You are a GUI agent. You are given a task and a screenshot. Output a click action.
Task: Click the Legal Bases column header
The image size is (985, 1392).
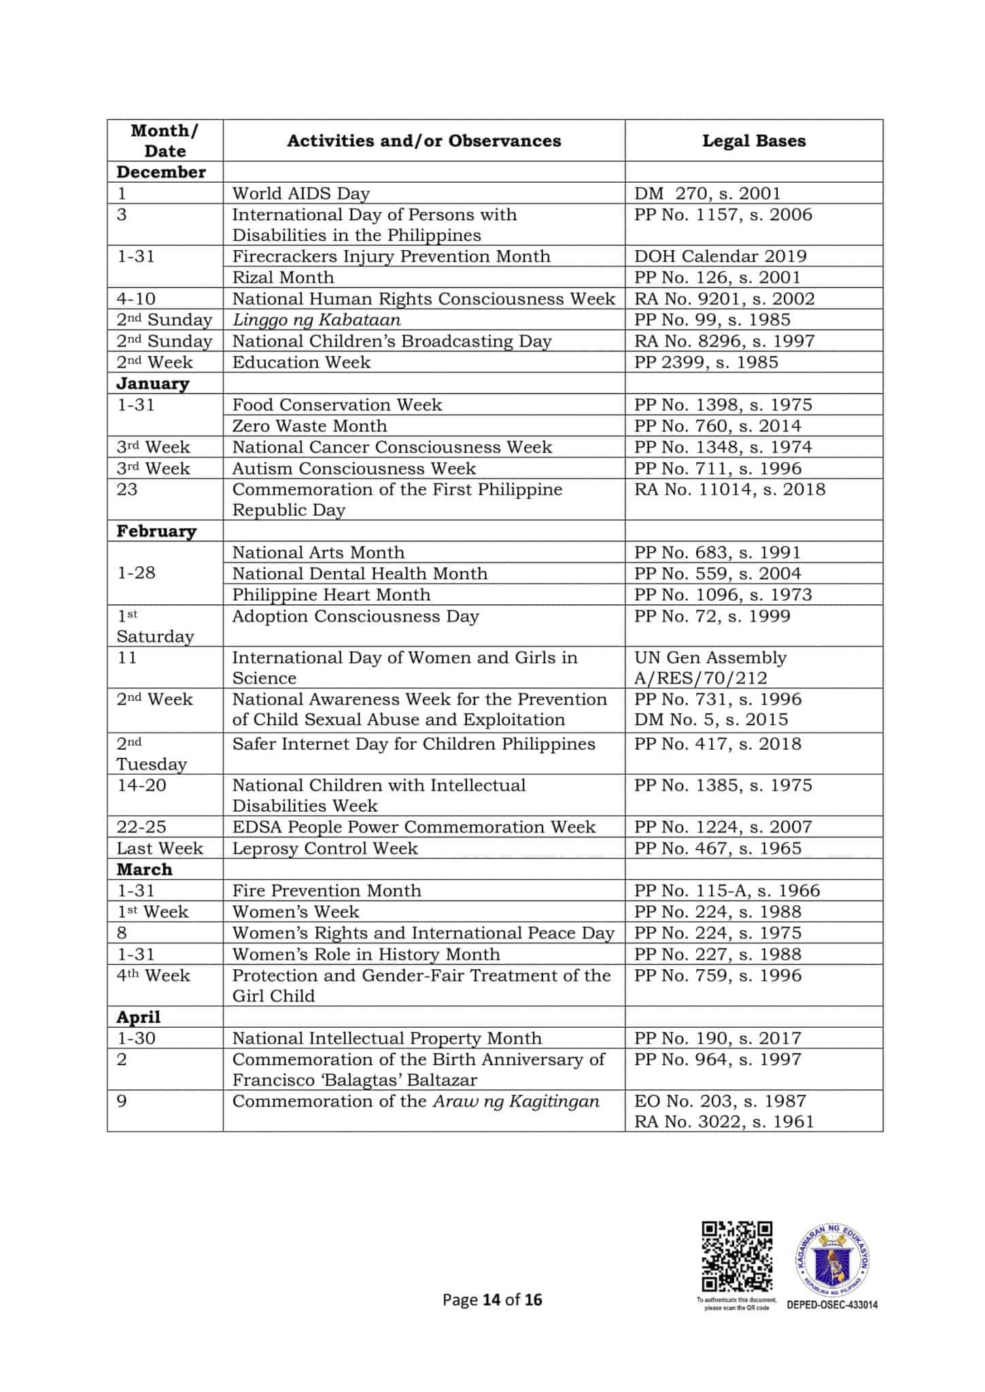pos(753,141)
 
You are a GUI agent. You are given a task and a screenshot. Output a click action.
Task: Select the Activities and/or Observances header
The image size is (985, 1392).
pos(424,141)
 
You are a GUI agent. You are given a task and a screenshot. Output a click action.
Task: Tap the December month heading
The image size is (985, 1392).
pos(161,172)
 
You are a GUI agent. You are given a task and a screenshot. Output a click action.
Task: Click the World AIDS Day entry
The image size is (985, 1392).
pos(300,194)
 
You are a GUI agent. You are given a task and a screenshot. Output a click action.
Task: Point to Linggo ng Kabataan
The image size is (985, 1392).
pos(316,320)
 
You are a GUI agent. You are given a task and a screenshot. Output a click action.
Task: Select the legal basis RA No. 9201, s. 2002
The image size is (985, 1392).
pos(724,299)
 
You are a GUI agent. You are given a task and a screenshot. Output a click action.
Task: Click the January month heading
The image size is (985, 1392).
pos(153,383)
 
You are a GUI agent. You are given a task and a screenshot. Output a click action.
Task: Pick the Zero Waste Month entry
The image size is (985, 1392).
pos(309,426)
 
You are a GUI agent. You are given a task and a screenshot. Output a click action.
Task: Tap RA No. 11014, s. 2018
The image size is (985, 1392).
pos(729,489)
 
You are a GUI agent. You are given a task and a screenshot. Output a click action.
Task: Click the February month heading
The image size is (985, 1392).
pos(156,531)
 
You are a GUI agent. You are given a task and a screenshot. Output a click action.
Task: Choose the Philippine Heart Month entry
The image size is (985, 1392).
pos(331,595)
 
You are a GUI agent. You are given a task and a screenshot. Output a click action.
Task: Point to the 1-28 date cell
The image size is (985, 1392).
pos(136,573)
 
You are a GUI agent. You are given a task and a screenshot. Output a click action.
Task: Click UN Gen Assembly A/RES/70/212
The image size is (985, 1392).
pos(710,667)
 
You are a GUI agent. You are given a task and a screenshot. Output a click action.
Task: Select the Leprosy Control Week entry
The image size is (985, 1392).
pos(325,848)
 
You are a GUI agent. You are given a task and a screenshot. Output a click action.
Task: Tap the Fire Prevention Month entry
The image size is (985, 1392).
pos(326,890)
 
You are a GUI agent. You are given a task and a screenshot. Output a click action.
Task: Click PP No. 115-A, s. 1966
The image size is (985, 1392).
pos(727,890)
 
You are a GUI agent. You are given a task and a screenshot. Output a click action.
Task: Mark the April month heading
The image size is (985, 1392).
pos(139,1017)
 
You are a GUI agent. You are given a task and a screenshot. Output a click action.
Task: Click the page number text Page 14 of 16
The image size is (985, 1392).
pos(492,1300)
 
